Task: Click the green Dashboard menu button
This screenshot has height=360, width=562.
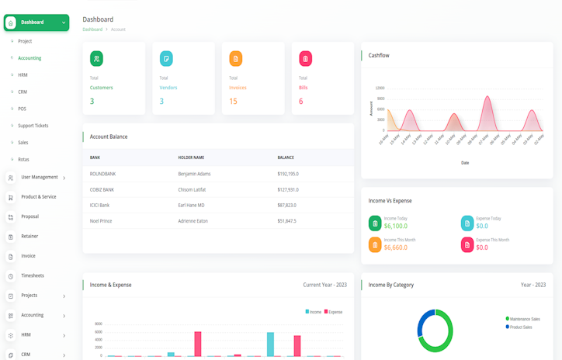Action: tap(36, 22)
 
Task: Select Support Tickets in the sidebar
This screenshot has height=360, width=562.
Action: tap(33, 126)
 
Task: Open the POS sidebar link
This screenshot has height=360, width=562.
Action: tap(23, 109)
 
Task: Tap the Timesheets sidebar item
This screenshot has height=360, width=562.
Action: tap(33, 275)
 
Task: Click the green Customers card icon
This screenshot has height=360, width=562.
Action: tap(96, 58)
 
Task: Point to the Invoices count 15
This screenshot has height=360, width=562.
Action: tap(233, 101)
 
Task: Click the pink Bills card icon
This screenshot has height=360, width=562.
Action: tap(305, 58)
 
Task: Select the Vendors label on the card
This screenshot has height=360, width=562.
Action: tap(168, 88)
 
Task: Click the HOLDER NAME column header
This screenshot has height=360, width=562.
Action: tap(191, 157)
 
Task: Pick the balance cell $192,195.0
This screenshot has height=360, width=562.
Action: tap(288, 174)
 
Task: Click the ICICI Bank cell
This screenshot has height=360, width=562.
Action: tap(99, 205)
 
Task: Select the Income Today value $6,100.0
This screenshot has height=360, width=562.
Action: tap(396, 226)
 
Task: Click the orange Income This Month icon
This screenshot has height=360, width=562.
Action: tap(375, 245)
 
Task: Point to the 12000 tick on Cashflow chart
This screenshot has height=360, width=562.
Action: tap(380, 88)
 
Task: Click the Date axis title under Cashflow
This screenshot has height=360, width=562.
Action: tap(465, 163)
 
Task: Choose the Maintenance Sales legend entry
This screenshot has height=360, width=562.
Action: tap(525, 319)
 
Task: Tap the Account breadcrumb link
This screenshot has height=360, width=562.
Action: tap(118, 29)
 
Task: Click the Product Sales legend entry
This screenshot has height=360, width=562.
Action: tap(521, 327)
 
